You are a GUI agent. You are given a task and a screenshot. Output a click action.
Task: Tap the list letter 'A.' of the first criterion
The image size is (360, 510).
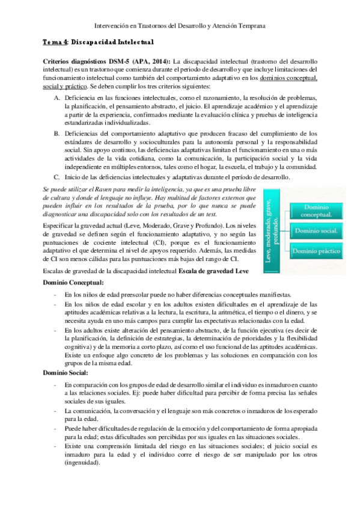(x=57, y=97)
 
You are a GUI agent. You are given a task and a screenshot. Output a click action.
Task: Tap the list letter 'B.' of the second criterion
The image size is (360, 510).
(x=57, y=133)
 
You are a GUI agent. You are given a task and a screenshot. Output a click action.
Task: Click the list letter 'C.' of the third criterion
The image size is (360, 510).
(x=57, y=177)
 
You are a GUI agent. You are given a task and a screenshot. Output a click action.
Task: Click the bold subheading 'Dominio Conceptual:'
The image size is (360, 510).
(x=73, y=282)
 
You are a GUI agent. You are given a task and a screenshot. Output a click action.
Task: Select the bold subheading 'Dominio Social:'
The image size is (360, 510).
(x=66, y=374)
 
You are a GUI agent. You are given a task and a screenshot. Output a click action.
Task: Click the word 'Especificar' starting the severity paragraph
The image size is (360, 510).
(x=60, y=224)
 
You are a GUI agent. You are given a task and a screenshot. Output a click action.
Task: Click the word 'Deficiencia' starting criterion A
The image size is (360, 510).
(x=82, y=97)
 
